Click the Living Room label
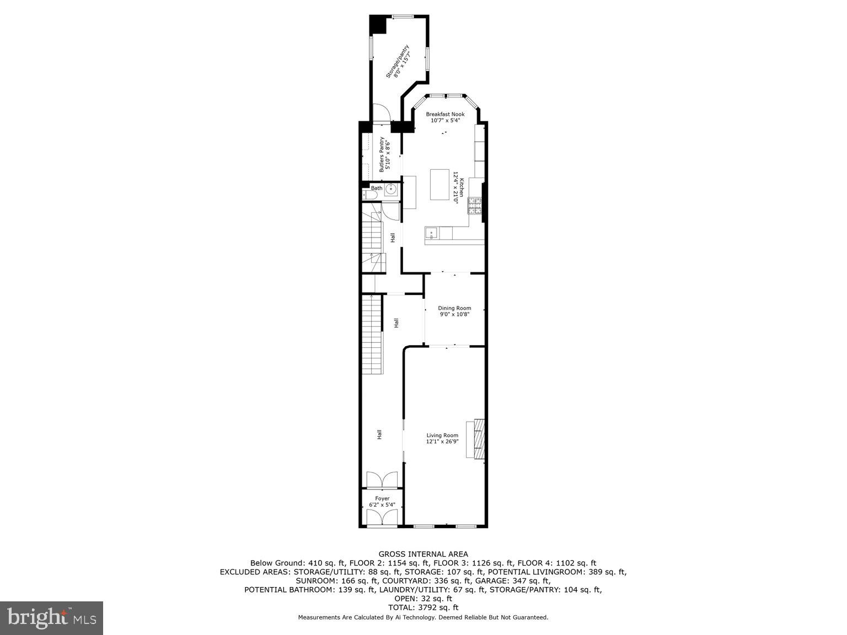coord(442,435)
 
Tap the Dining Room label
coord(454,308)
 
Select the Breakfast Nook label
coord(445,114)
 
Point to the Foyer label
coord(382,498)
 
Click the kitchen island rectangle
coord(440,185)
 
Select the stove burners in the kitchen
coord(475,206)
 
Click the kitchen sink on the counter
coord(431,233)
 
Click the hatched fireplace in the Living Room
coord(479,438)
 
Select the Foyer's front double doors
coord(382,518)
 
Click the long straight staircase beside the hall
coord(372,334)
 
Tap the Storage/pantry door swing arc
coord(382,112)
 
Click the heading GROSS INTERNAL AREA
coord(423,554)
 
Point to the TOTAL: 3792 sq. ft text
coord(423,607)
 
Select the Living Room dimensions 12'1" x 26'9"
coord(442,442)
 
